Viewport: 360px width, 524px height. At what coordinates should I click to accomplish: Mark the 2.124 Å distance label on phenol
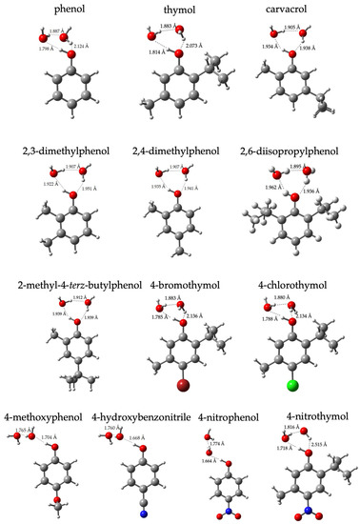[82, 44]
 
